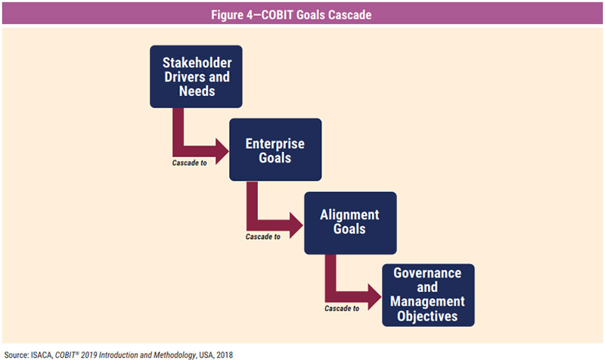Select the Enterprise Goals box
[275, 150]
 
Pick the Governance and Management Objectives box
[427, 294]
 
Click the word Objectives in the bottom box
[427, 316]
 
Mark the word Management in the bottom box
[427, 302]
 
